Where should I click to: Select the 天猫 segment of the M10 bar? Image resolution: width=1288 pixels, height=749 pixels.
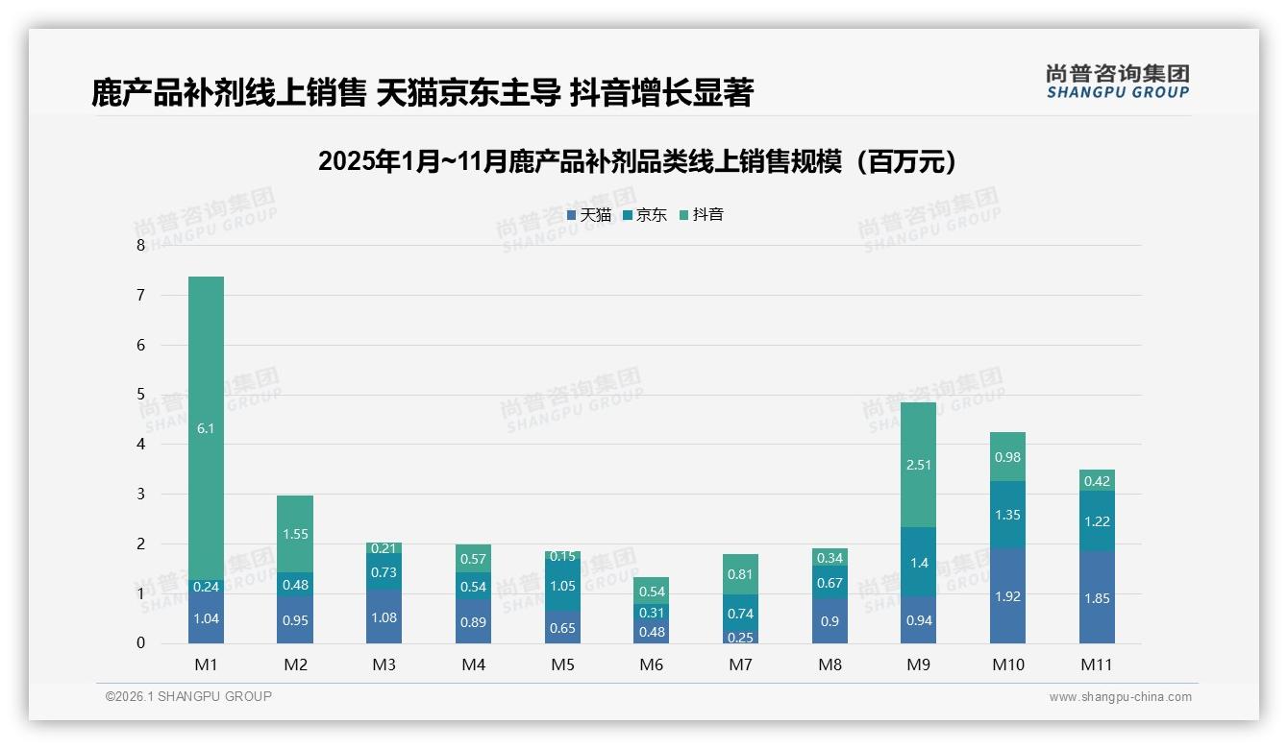[x=1007, y=595]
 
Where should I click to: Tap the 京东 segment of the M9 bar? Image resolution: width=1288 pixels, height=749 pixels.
[x=918, y=562]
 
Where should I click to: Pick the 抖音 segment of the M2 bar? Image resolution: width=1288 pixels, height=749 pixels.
[x=295, y=534]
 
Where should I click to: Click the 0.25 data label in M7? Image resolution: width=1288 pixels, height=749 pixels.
[x=740, y=638]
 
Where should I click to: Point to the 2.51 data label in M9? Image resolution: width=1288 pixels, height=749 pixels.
[x=918, y=465]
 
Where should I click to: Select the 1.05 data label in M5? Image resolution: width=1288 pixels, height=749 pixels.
[x=562, y=587]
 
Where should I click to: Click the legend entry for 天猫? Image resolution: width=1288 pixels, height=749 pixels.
[x=588, y=215]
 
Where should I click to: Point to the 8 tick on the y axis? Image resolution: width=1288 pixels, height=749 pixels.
[x=140, y=245]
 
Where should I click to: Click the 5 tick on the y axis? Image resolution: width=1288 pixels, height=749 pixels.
[x=140, y=395]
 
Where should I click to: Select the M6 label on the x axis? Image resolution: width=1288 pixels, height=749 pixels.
[x=652, y=664]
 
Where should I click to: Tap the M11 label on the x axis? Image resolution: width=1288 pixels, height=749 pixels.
[x=1096, y=664]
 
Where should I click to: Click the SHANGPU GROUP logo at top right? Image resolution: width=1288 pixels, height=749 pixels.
[x=1117, y=82]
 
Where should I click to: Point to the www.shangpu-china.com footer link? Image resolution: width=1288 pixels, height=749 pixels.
[x=1120, y=697]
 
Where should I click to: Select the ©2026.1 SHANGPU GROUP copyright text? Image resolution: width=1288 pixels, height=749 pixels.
[x=188, y=696]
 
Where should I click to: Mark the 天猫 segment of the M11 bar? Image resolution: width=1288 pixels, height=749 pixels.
[x=1097, y=597]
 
